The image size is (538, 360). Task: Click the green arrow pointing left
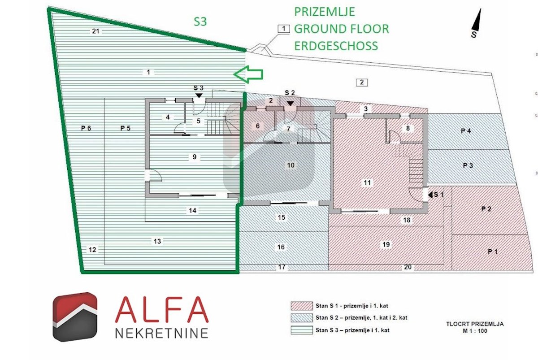(248, 74)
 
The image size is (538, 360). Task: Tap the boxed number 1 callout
(283, 29)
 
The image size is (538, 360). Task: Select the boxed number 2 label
(362, 82)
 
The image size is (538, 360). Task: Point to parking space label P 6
(86, 128)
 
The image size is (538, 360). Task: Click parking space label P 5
(125, 128)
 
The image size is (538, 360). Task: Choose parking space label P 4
(466, 131)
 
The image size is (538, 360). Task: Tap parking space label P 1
(493, 252)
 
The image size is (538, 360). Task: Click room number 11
(368, 182)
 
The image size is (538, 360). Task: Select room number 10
(291, 165)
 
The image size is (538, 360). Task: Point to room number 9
(194, 157)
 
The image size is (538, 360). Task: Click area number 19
(386, 244)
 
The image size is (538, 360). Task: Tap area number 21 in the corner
(95, 31)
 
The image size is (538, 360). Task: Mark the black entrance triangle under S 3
(198, 95)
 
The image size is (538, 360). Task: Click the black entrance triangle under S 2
(290, 104)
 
